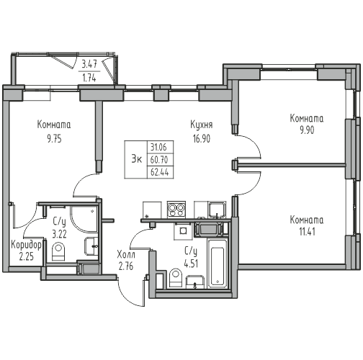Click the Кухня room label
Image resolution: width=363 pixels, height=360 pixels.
pyautogui.click(x=202, y=125)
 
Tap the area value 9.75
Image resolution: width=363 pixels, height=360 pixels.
pyautogui.click(x=54, y=139)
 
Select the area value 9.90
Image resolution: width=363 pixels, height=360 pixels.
pyautogui.click(x=307, y=130)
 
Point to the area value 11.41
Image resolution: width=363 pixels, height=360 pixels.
pyautogui.click(x=308, y=232)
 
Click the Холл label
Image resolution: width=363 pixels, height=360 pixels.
pyautogui.click(x=126, y=254)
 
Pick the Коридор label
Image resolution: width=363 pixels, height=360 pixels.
pyautogui.click(x=27, y=246)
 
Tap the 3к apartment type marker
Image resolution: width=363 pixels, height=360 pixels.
pyautogui.click(x=136, y=159)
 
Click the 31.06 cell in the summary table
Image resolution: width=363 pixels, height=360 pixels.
pyautogui.click(x=158, y=147)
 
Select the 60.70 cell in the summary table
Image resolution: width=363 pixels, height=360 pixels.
pyautogui.click(x=159, y=159)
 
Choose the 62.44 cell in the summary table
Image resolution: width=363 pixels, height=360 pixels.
pyautogui.click(x=159, y=172)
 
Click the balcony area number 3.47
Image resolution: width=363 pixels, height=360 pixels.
pyautogui.click(x=89, y=64)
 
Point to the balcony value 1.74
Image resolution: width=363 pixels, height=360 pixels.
pyautogui.click(x=89, y=78)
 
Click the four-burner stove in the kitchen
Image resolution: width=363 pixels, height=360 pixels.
pyautogui.click(x=176, y=210)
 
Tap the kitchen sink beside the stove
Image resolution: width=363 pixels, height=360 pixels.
pyautogui.click(x=217, y=210)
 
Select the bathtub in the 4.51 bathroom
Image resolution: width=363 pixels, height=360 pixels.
pyautogui.click(x=218, y=264)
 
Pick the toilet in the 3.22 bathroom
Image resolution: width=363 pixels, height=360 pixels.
pyautogui.click(x=58, y=251)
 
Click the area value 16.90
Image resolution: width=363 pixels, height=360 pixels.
pyautogui.click(x=202, y=139)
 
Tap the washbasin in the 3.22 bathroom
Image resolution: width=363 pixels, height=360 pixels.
pyautogui.click(x=91, y=246)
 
